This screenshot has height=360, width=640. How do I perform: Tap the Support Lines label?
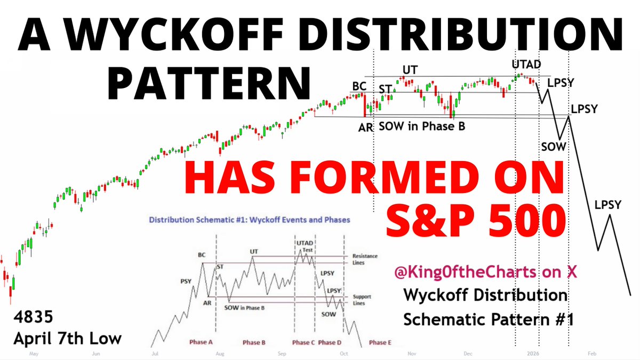[362, 300]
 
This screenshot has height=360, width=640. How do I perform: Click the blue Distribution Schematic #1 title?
[249, 219]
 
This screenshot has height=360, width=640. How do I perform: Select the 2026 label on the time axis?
[531, 353]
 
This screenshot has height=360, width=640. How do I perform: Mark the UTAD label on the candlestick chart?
[526, 65]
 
